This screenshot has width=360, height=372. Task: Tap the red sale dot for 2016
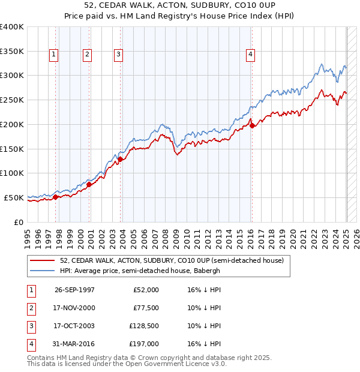click(x=253, y=125)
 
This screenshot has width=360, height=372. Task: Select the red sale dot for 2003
click(x=121, y=159)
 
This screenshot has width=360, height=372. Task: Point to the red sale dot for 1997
click(x=56, y=196)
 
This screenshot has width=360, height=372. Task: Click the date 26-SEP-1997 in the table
click(x=74, y=290)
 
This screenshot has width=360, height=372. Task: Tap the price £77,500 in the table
click(x=144, y=308)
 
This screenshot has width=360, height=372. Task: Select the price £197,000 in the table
click(x=144, y=344)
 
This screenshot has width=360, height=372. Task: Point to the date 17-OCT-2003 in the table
click(x=74, y=326)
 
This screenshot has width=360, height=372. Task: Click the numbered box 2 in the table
click(x=30, y=308)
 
